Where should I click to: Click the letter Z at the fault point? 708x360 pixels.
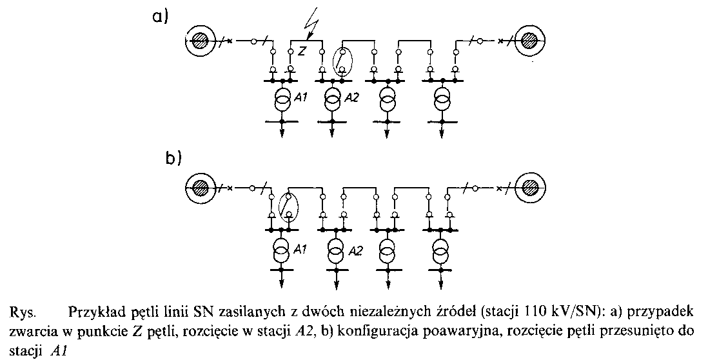click(302, 49)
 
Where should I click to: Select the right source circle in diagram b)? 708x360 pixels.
click(530, 188)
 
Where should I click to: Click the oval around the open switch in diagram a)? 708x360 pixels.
click(343, 62)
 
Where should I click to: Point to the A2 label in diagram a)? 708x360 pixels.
click(351, 97)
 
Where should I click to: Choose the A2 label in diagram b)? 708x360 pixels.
click(353, 249)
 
